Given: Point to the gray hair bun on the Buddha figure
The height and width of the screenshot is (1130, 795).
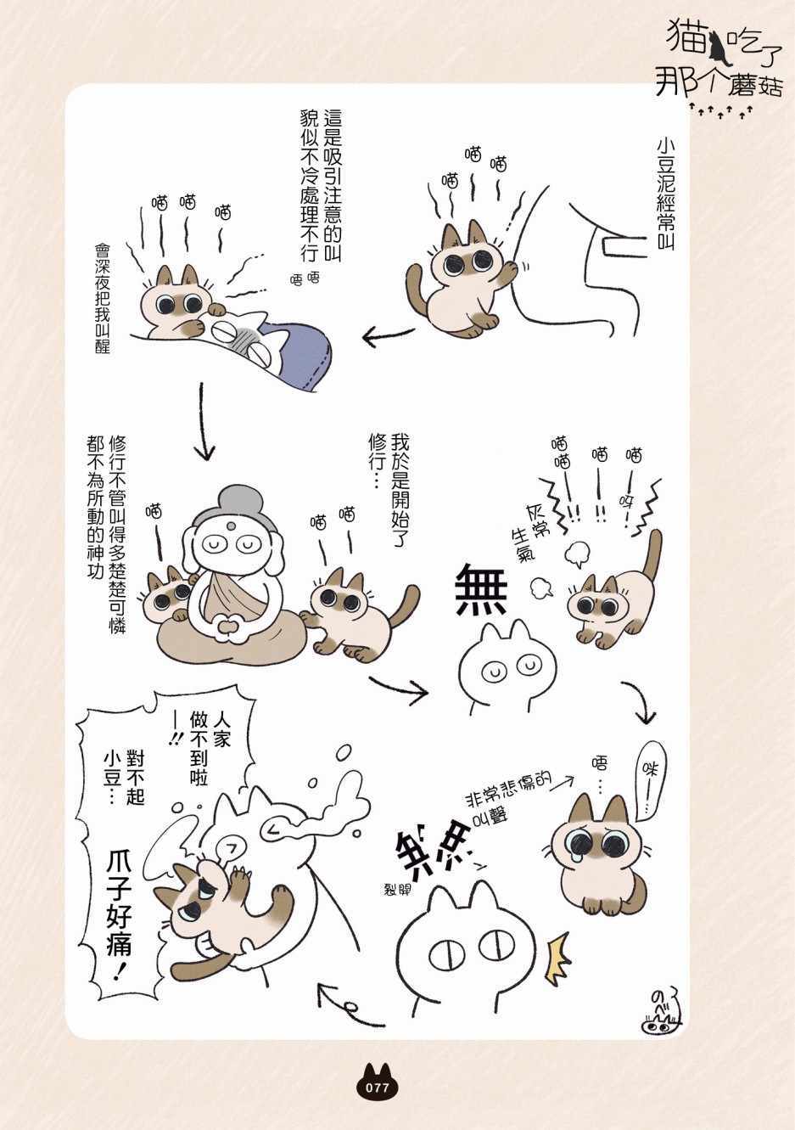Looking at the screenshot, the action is (x=235, y=503).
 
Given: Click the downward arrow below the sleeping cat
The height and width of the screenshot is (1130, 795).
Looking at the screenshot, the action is (x=204, y=422).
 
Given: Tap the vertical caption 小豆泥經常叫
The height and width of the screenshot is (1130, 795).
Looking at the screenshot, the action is (x=665, y=194).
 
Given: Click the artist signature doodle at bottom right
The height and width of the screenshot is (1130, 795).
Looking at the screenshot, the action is (x=663, y=1011).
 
